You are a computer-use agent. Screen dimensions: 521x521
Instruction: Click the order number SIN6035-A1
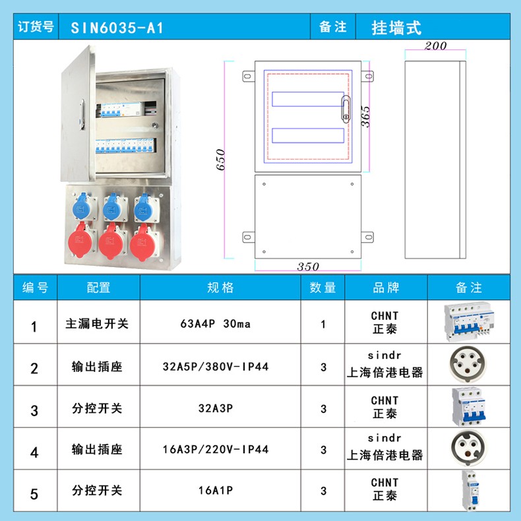tap(117, 28)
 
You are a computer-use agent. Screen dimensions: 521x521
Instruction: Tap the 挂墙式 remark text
tap(396, 28)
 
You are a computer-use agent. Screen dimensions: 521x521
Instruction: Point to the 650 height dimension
tap(221, 160)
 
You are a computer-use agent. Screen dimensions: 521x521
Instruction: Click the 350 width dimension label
tap(308, 266)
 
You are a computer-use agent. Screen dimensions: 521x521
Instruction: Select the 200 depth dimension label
tap(435, 46)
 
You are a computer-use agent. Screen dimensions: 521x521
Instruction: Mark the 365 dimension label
tap(365, 117)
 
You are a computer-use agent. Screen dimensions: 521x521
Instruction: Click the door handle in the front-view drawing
tap(346, 109)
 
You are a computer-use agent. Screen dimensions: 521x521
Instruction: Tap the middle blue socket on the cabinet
tap(113, 208)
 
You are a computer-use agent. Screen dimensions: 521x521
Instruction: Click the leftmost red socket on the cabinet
tap(82, 240)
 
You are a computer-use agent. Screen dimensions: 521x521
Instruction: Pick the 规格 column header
tap(220, 288)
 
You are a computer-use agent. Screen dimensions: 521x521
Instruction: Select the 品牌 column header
tap(386, 288)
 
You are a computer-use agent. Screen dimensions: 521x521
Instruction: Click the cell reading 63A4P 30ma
tap(215, 323)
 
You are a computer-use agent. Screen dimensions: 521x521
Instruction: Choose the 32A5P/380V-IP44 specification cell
tap(215, 367)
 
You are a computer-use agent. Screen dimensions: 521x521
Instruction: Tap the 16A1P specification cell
tap(215, 490)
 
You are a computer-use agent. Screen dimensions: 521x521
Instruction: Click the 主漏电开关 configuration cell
tap(97, 323)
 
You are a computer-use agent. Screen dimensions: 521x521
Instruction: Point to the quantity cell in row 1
tap(323, 324)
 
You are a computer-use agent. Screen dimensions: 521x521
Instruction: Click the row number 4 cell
tap(34, 452)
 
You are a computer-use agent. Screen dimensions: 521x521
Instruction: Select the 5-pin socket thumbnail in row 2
tap(468, 365)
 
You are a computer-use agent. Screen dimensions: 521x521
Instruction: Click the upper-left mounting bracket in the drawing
tap(248, 76)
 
